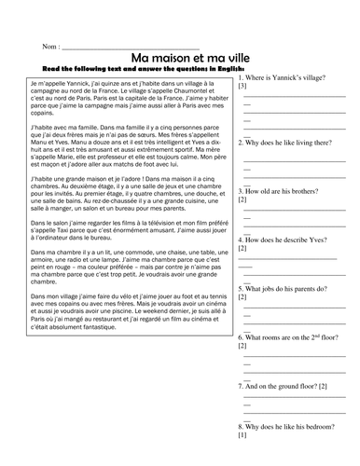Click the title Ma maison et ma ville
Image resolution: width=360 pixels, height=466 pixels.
click(x=181, y=57)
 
